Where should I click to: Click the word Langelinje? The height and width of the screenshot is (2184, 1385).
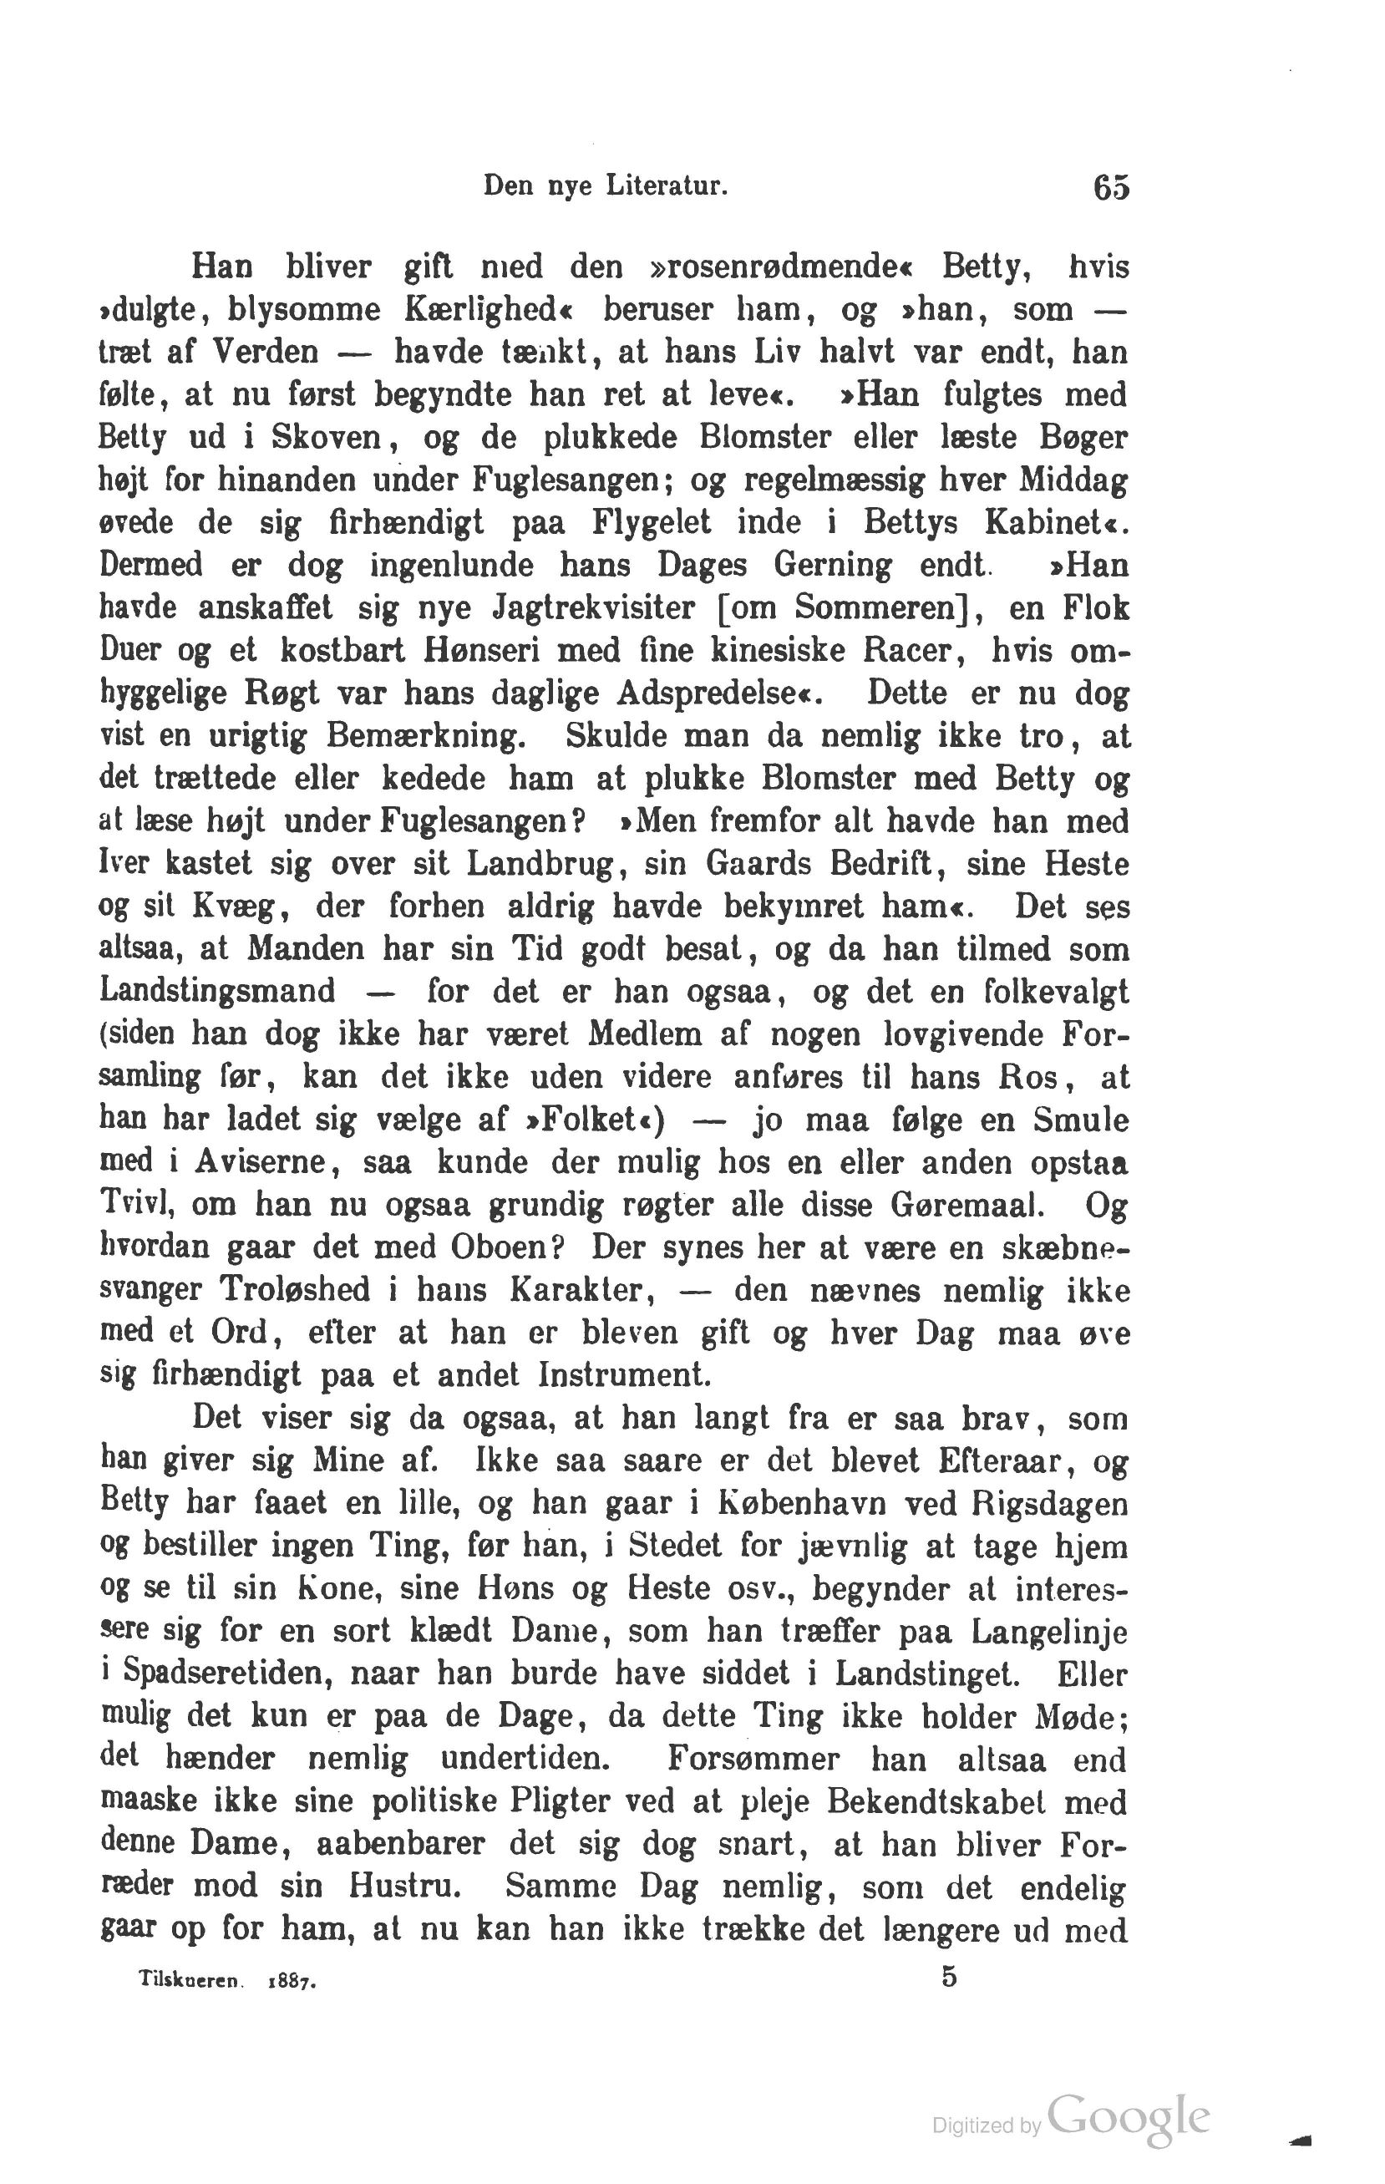(1048, 1632)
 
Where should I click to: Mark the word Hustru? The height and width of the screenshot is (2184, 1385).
(405, 1887)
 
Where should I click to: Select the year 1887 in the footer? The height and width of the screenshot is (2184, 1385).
(292, 1983)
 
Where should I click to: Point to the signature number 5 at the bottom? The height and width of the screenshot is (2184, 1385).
(949, 1976)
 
